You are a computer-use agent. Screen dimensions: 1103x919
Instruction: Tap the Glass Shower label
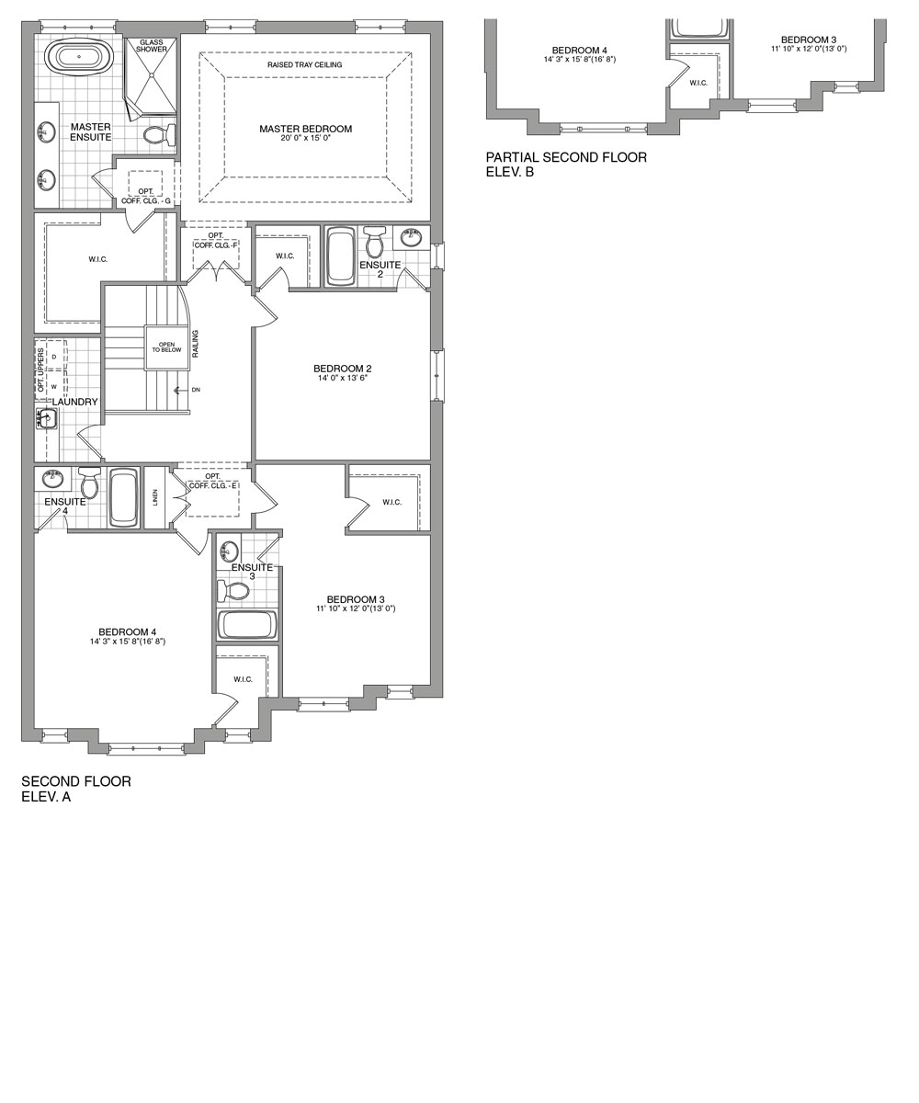point(152,45)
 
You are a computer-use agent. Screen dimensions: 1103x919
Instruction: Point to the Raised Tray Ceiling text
point(304,65)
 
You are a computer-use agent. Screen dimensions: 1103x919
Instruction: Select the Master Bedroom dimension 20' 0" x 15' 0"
point(305,140)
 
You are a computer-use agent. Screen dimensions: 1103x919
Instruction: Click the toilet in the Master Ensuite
point(159,136)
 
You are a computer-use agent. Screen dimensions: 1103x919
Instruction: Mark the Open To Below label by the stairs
point(166,347)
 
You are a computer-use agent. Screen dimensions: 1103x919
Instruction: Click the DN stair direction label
point(196,390)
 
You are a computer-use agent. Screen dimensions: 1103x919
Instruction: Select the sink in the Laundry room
point(46,419)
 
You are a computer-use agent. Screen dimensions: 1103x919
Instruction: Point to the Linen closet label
point(155,497)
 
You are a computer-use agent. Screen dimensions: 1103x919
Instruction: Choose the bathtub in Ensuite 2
point(340,256)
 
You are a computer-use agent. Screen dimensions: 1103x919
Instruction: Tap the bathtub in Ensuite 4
point(123,497)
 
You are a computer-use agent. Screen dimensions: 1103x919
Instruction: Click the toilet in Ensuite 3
point(235,590)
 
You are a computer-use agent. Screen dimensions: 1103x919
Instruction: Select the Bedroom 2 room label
point(342,369)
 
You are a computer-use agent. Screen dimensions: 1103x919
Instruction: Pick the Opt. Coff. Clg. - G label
point(145,196)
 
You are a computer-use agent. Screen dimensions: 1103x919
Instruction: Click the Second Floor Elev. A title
point(76,789)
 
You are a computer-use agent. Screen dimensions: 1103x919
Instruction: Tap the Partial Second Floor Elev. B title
point(566,164)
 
